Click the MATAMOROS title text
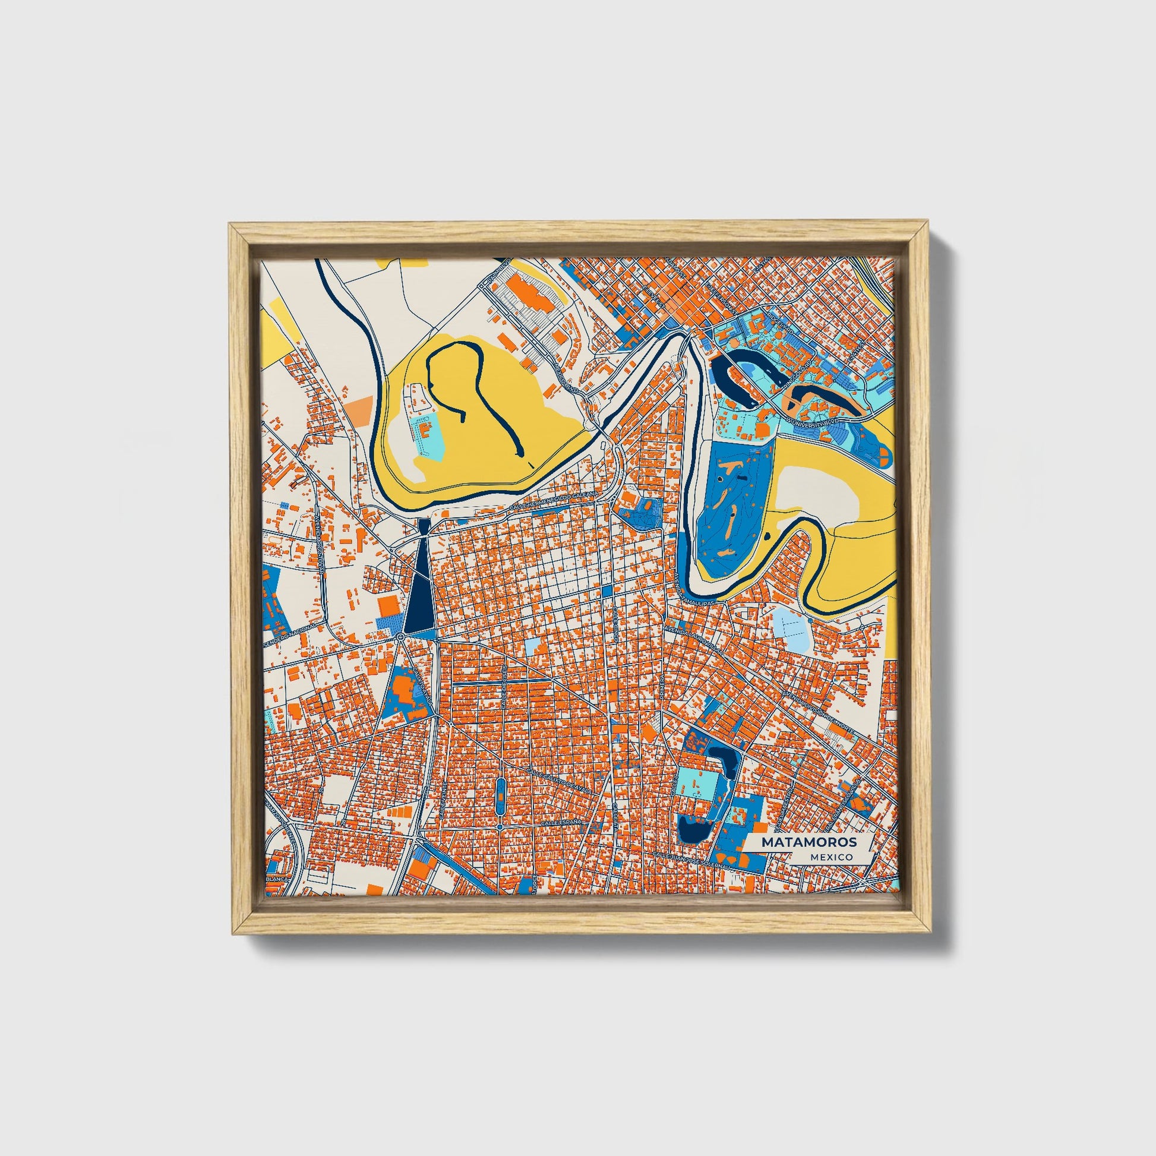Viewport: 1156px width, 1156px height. [808, 842]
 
